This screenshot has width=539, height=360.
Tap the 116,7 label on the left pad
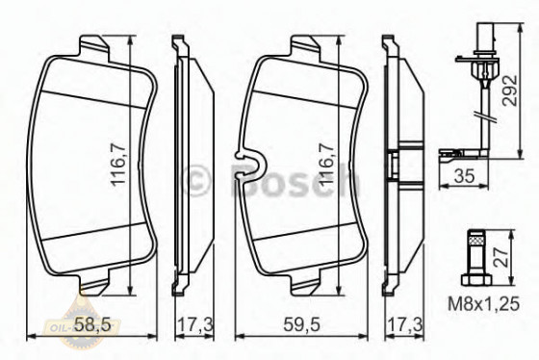tap(118, 167)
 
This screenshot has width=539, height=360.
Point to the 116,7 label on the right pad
tap(326, 166)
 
